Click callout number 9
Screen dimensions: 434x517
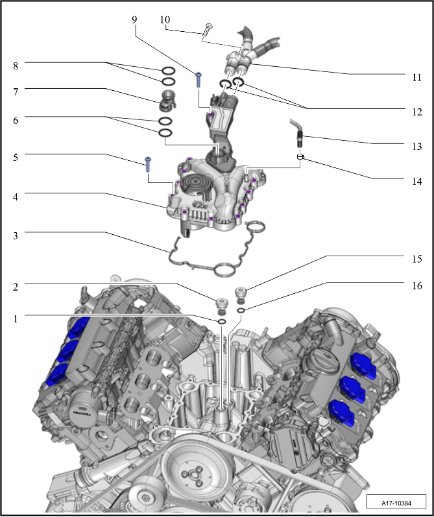[x=134, y=19]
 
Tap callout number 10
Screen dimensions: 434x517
[x=165, y=19]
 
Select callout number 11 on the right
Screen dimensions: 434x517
[x=417, y=77]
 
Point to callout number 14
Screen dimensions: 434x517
[x=417, y=181]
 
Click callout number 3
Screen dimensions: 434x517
[x=15, y=235]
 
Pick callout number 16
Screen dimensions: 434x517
[x=417, y=285]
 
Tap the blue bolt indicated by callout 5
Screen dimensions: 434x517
[x=148, y=164]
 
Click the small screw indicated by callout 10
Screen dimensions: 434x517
[x=208, y=31]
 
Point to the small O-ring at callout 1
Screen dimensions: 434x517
[x=222, y=322]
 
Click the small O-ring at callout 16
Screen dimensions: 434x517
[x=241, y=310]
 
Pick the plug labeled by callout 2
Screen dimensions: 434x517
[x=222, y=307]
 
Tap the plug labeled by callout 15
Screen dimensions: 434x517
[x=241, y=295]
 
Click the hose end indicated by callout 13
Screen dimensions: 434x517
[x=300, y=138]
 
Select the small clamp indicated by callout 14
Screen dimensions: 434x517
[x=301, y=157]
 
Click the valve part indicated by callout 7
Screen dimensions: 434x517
[x=167, y=101]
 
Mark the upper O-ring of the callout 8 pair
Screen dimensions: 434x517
[x=169, y=71]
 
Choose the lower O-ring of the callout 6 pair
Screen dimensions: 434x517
[x=165, y=133]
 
